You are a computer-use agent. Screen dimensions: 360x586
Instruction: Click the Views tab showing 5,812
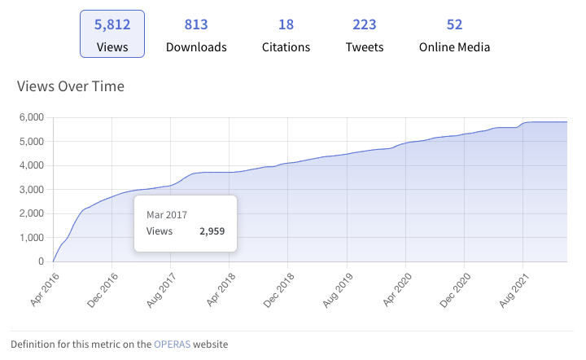click(112, 34)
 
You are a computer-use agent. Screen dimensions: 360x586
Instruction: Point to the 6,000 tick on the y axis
click(31, 117)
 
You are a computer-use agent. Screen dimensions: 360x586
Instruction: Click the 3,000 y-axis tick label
click(31, 190)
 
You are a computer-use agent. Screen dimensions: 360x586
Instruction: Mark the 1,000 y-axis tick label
click(31, 238)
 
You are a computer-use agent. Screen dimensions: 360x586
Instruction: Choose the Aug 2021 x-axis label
click(510, 288)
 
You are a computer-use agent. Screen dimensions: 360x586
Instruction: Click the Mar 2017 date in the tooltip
click(167, 214)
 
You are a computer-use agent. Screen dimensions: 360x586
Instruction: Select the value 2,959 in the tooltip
click(212, 231)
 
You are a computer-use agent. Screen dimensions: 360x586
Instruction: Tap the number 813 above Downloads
click(196, 24)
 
